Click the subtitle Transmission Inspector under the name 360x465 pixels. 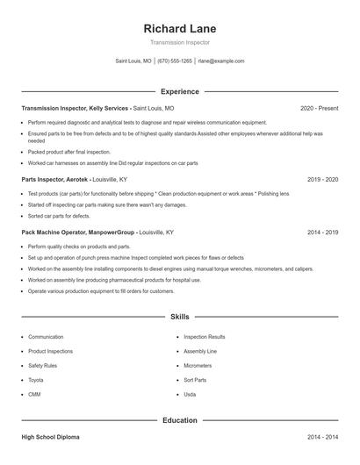pyautogui.click(x=179, y=42)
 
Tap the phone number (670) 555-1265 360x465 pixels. pyautogui.click(x=174, y=61)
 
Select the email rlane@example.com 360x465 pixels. pyautogui.click(x=220, y=61)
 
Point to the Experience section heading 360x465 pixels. pyautogui.click(x=179, y=91)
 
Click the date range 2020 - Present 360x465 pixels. pyautogui.click(x=319, y=108)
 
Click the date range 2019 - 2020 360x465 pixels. pyautogui.click(x=322, y=179)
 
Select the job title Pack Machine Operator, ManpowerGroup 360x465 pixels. pyautogui.click(x=78, y=232)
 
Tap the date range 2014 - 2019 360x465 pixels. pyautogui.click(x=322, y=232)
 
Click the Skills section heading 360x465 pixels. pyautogui.click(x=179, y=316)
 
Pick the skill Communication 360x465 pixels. pyautogui.click(x=46, y=337)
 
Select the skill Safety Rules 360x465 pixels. pyautogui.click(x=43, y=365)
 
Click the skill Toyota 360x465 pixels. pyautogui.click(x=36, y=380)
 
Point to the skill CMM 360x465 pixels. pyautogui.click(x=34, y=394)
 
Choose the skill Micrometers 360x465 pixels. pyautogui.click(x=198, y=365)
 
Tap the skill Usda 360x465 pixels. pyautogui.click(x=190, y=394)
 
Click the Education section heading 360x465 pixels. pyautogui.click(x=179, y=420)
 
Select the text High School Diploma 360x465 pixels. pyautogui.click(x=54, y=436)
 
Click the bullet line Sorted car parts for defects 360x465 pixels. pyautogui.click(x=59, y=215)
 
